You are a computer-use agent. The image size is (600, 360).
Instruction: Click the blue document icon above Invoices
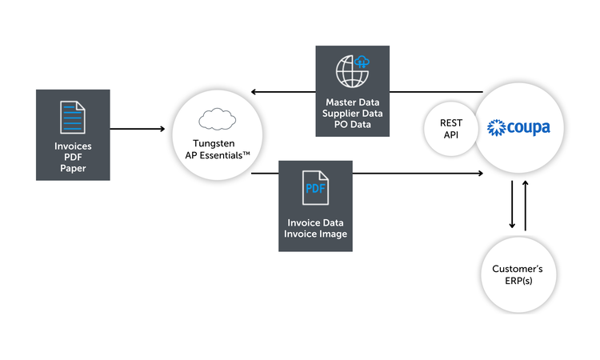(72, 117)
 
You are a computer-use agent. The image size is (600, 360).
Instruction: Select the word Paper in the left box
(72, 169)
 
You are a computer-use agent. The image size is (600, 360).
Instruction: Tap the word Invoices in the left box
(72, 146)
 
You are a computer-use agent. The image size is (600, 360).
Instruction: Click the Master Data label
(353, 102)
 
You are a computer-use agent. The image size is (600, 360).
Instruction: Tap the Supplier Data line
(353, 114)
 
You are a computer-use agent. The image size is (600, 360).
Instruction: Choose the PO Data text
(353, 125)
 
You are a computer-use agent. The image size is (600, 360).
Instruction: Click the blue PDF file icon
(315, 190)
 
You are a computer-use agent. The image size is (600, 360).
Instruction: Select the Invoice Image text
(315, 234)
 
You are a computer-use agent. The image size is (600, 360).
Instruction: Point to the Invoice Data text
(315, 222)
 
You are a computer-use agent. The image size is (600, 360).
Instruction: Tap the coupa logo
(518, 127)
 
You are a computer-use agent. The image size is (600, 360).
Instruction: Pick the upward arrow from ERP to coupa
(526, 206)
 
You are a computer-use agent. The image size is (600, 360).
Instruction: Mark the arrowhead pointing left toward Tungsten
(255, 92)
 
